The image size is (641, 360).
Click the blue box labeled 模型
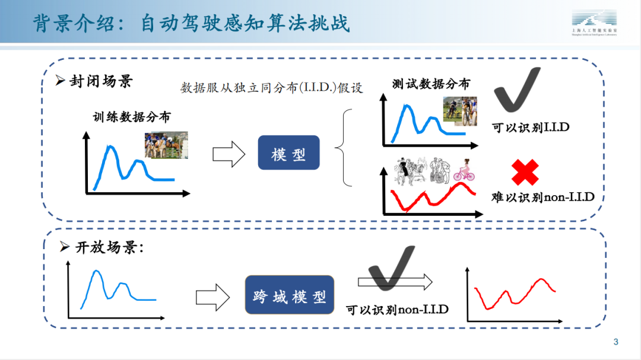288,153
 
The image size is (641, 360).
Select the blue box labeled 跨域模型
289,294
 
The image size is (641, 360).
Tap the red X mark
525,173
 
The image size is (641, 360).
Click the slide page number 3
615,342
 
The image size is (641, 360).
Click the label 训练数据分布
131,117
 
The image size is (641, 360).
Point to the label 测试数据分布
431,84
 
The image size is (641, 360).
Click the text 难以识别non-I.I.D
542,196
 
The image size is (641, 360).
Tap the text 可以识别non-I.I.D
397,309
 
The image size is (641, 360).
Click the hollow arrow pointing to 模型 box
229,154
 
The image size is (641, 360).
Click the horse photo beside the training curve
166,145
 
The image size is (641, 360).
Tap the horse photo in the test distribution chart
461,111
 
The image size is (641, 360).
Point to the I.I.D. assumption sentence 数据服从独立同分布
271,88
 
